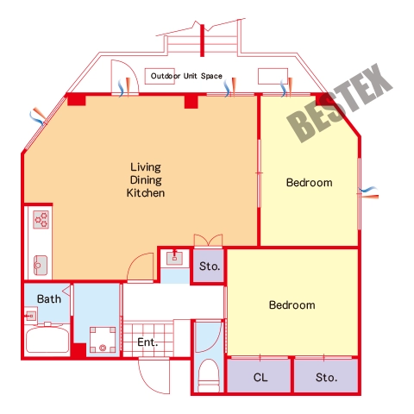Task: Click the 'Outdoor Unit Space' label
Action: [186, 76]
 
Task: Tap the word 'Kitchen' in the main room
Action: [146, 193]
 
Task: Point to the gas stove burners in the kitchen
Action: [41, 220]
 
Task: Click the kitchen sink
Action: [41, 265]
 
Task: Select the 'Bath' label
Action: [49, 299]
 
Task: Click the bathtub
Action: [47, 340]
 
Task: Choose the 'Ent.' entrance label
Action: [147, 342]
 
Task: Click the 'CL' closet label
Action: [260, 377]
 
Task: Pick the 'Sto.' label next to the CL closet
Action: [327, 377]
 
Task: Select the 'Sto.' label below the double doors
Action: [210, 267]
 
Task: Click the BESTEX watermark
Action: [339, 103]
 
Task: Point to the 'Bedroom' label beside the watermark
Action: [310, 183]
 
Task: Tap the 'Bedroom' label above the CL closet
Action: [292, 305]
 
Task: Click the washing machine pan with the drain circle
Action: [103, 340]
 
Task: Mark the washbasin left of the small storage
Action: [175, 257]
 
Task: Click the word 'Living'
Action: [146, 167]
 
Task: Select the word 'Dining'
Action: [146, 180]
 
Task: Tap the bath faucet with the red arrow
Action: [30, 316]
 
